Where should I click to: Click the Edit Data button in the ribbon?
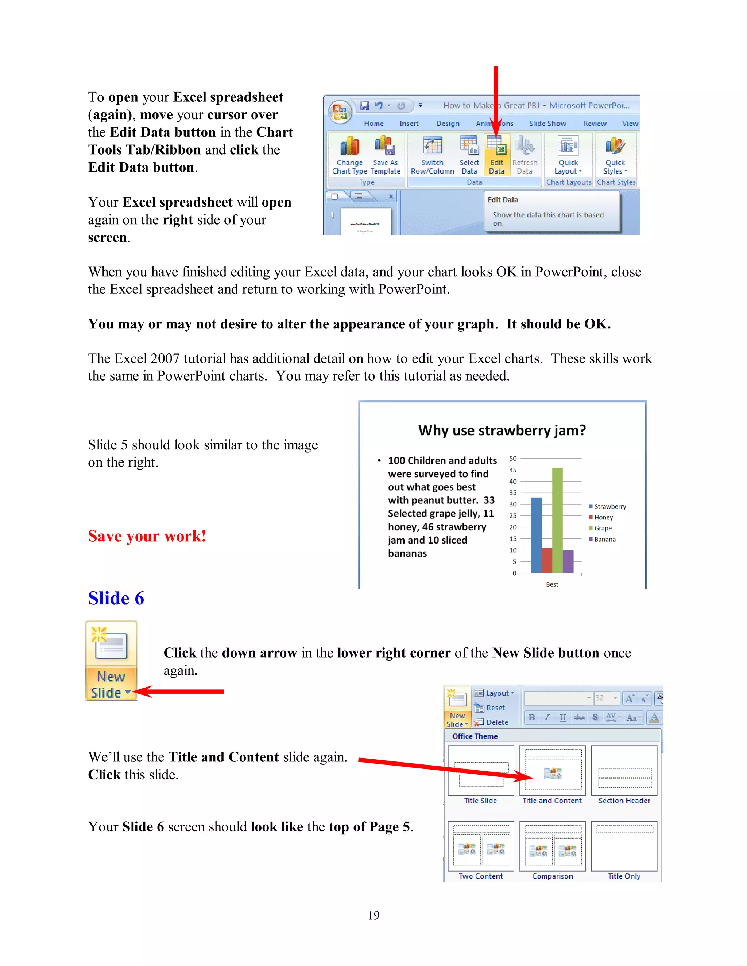tap(496, 155)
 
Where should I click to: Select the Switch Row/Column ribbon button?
tap(432, 155)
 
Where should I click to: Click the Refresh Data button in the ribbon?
tap(525, 155)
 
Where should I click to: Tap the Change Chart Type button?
tap(349, 155)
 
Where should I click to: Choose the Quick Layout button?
tap(568, 155)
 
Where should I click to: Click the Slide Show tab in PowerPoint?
tap(547, 124)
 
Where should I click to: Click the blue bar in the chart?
tap(536, 535)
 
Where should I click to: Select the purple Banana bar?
tap(568, 561)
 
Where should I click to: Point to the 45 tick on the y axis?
tap(513, 470)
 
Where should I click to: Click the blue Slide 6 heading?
tap(116, 598)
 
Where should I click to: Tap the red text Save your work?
tap(147, 536)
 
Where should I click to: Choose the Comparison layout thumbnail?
tap(552, 846)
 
